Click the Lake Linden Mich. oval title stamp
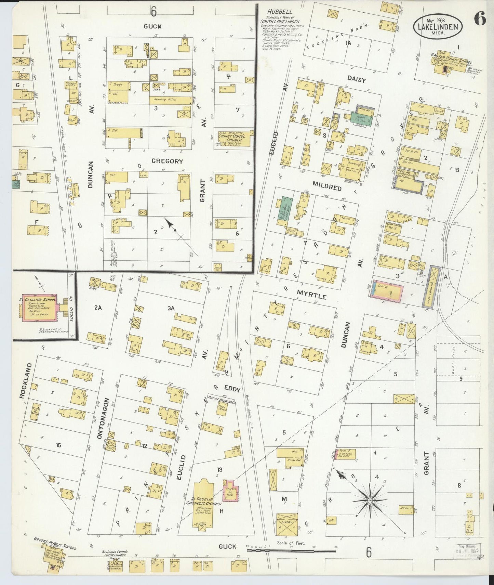point(438,27)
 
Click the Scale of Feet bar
point(291,550)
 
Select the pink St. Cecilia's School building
point(40,307)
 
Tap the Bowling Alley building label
point(170,100)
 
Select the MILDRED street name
point(326,187)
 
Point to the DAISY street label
point(357,80)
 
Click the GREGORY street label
point(167,161)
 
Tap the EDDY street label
point(232,389)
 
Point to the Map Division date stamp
point(467,550)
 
